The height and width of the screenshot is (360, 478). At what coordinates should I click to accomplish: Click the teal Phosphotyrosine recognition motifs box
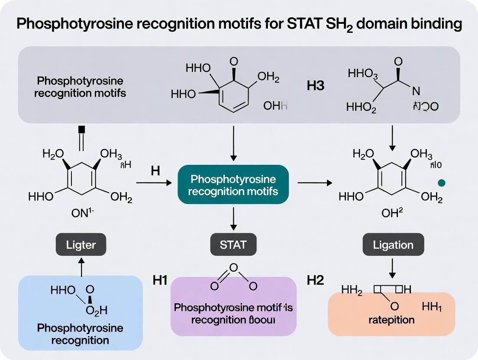233,185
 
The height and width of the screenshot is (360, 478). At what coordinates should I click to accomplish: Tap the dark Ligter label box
81,245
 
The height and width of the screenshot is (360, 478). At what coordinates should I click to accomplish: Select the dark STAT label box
233,245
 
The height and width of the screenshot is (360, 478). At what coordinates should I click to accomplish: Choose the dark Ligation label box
393,245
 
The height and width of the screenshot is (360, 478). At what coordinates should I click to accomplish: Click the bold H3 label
315,86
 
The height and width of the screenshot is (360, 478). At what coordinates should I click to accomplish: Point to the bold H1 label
160,280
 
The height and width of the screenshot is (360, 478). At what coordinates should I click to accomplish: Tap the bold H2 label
315,280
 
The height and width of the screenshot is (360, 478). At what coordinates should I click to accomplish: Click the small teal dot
441,183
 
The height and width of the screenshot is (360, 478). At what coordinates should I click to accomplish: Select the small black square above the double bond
81,129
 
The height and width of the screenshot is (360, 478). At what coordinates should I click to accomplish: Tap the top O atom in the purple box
233,268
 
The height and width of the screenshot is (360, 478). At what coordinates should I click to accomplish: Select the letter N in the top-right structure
416,91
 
